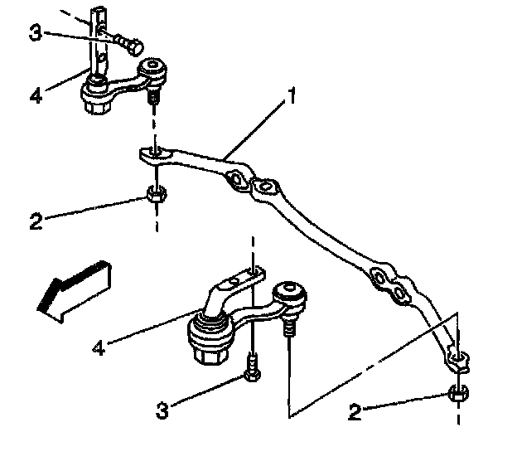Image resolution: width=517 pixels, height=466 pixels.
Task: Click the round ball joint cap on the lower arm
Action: [x=289, y=291]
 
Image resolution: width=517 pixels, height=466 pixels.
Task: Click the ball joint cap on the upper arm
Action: [x=154, y=68]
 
